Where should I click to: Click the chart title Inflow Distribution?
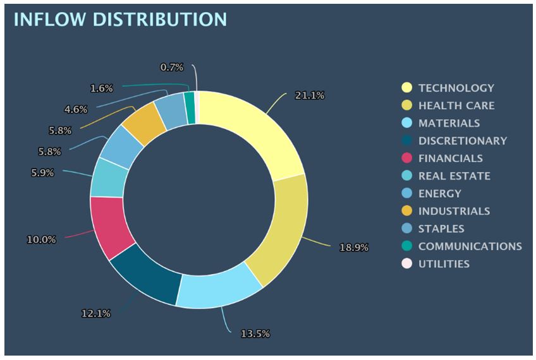click(x=119, y=19)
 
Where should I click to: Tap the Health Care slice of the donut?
click(x=278, y=227)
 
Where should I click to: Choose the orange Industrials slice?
click(x=143, y=123)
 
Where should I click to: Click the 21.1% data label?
click(x=310, y=95)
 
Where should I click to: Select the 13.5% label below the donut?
click(x=255, y=333)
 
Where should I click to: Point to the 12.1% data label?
click(x=95, y=313)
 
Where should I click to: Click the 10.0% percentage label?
click(x=41, y=240)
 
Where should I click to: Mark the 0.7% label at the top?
click(x=171, y=67)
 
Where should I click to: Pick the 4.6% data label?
click(x=75, y=109)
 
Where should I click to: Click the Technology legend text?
click(x=456, y=88)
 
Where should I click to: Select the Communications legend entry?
click(x=470, y=246)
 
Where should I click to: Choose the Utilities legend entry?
click(x=444, y=264)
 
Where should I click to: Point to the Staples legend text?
click(x=441, y=229)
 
